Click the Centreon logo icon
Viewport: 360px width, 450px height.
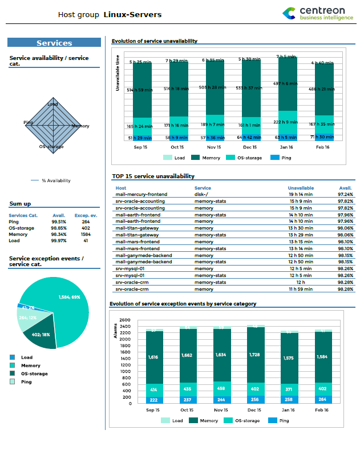click(290, 13)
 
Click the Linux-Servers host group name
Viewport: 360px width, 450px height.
click(132, 14)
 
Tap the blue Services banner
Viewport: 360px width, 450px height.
click(54, 43)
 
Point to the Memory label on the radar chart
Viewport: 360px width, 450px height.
click(80, 126)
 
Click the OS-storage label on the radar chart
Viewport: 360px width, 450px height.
click(51, 147)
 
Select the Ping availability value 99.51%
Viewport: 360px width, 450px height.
click(59, 222)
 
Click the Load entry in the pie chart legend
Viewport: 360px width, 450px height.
click(26, 357)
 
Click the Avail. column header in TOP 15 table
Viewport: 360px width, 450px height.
click(345, 188)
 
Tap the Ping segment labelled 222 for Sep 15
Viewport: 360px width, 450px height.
click(153, 400)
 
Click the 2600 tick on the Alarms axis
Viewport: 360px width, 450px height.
click(125, 320)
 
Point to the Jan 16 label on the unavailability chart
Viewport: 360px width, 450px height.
click(288, 147)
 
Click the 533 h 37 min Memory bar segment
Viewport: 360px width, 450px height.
click(249, 89)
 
